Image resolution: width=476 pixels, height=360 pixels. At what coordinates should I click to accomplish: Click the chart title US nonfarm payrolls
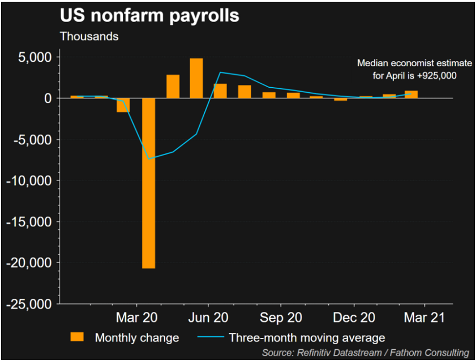(149, 15)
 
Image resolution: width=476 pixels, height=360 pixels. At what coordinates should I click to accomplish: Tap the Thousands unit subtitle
(89, 36)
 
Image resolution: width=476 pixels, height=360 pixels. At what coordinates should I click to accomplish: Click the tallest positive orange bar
(196, 78)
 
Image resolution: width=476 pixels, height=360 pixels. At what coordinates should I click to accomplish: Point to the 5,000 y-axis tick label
(33, 57)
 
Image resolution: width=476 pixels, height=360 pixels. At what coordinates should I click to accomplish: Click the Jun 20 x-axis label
(209, 317)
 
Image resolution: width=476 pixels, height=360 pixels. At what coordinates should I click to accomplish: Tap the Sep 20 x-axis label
(281, 317)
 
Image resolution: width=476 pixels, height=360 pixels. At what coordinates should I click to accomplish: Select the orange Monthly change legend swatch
(77, 337)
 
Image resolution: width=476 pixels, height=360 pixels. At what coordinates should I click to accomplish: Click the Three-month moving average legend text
(307, 338)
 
